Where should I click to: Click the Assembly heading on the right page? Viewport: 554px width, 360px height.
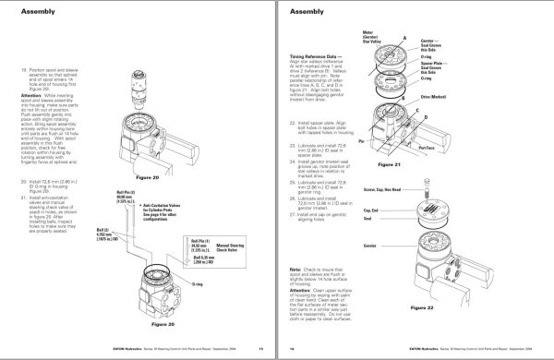pyautogui.click(x=309, y=14)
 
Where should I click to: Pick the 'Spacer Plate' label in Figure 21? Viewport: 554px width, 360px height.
pyautogui.click(x=486, y=65)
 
